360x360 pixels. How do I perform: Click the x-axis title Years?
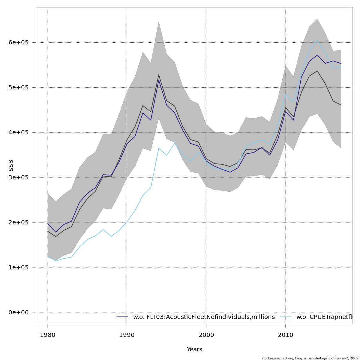point(194,349)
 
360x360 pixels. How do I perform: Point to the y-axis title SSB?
point(11,166)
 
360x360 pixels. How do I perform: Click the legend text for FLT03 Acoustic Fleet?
point(204,317)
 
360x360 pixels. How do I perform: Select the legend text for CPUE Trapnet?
point(324,317)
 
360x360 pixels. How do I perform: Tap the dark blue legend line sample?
point(122,317)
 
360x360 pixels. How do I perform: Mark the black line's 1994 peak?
point(159,75)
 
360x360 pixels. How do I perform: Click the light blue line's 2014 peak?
point(317,40)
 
